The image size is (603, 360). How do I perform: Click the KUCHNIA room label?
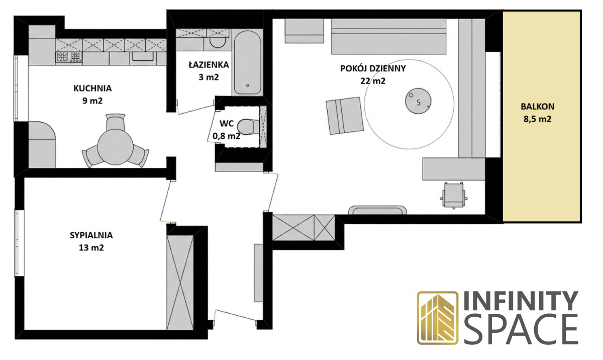click(92, 88)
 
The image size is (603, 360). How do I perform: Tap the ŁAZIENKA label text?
click(209, 65)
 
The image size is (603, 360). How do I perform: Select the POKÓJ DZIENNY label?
click(373, 68)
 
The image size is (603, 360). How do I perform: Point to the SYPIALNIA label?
click(91, 235)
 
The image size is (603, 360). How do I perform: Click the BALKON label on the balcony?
click(537, 107)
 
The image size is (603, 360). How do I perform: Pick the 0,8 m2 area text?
click(227, 136)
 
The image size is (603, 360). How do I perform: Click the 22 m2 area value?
click(373, 81)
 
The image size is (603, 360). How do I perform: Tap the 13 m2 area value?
click(91, 248)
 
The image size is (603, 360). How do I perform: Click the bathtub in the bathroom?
click(247, 62)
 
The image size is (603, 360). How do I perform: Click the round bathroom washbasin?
click(218, 42)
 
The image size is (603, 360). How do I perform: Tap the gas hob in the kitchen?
click(69, 57)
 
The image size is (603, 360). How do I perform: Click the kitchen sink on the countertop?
click(143, 56)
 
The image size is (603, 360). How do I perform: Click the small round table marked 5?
click(418, 101)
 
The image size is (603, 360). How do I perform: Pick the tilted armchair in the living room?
click(345, 116)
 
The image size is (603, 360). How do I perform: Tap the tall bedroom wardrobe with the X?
click(180, 283)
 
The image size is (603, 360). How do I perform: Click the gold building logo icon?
click(438, 318)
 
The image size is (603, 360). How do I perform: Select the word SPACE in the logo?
click(521, 329)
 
